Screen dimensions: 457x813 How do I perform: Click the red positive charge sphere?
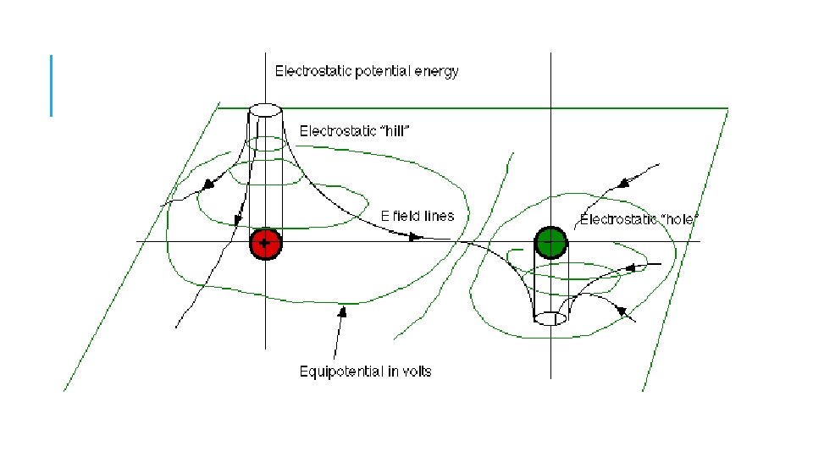[265, 244]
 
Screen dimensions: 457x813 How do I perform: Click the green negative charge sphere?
[550, 243]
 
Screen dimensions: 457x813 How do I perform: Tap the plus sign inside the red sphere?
[265, 244]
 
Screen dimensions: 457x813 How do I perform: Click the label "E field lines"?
[418, 216]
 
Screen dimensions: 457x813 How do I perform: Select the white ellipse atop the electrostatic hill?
[265, 110]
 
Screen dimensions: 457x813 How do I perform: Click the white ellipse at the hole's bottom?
[550, 318]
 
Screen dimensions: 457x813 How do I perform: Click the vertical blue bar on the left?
[52, 85]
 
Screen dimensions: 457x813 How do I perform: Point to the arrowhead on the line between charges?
[416, 238]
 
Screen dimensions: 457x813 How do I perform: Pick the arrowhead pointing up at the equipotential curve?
[343, 311]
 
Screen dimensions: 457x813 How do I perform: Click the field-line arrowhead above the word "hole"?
[624, 183]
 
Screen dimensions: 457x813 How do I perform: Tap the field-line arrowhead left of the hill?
[206, 184]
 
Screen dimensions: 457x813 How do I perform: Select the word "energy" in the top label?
[440, 71]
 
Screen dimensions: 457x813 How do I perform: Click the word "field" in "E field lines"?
[406, 216]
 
